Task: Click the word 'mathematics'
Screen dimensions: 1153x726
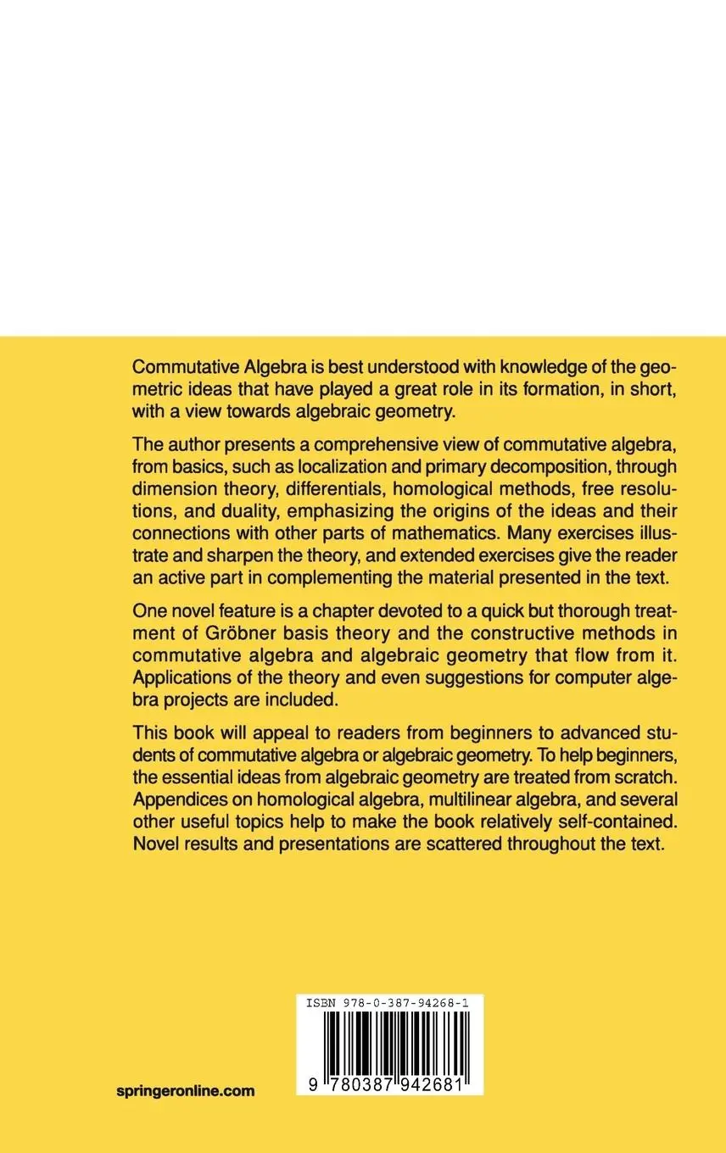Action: tap(458, 538)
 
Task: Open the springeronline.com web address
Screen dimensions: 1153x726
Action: tap(186, 1091)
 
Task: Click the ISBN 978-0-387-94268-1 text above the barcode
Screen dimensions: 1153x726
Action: tap(389, 1002)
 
